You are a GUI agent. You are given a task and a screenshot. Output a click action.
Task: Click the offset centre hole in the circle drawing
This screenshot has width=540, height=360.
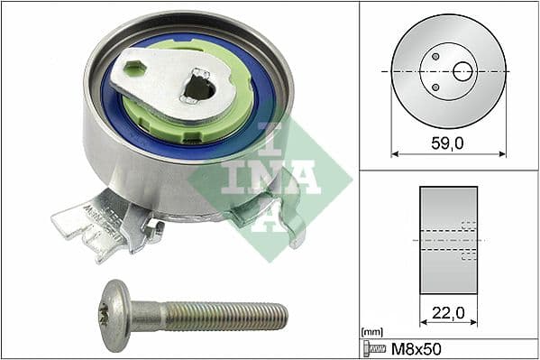pos(462,70)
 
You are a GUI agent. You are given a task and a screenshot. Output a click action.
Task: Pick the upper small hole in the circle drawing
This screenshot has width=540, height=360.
pos(435,56)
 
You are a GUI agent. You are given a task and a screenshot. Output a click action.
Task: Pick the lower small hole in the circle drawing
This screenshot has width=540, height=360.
pos(435,87)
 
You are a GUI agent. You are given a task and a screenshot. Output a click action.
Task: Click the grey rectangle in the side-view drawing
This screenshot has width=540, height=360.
pos(448,240)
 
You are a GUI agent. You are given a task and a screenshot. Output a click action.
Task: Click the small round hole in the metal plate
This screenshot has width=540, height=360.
pos(136,68)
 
